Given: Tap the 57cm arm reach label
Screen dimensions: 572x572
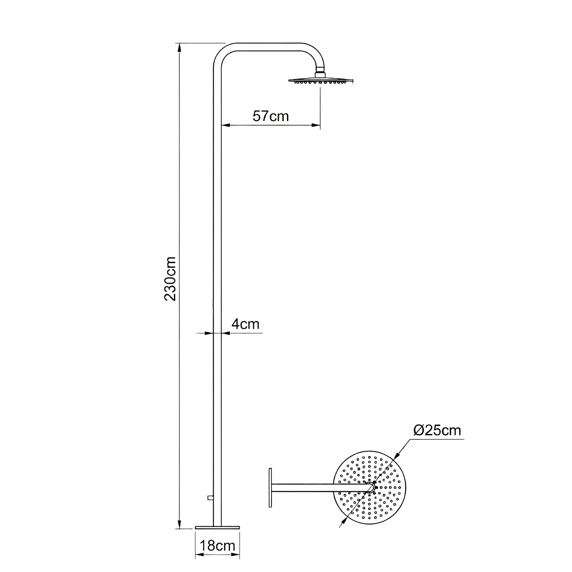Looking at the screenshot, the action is coord(271,116).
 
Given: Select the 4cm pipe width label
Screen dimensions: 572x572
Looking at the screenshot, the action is coord(246,324).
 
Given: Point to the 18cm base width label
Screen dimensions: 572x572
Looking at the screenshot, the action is coord(218,546).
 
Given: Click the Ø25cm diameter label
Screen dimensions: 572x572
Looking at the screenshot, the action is coord(437,431).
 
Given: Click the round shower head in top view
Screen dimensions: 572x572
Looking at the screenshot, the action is coord(370,487).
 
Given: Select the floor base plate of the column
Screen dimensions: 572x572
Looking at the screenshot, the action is coord(217,527).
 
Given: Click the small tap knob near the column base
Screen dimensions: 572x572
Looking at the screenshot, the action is coord(210,497).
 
